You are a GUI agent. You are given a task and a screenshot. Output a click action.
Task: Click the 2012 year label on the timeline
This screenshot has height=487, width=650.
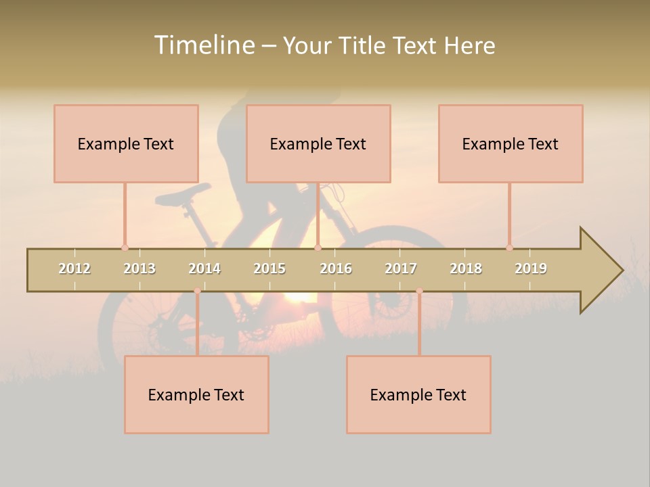click(74, 269)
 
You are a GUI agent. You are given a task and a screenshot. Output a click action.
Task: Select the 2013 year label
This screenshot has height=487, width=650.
click(139, 269)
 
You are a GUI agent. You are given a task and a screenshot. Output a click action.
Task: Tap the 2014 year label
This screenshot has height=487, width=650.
click(204, 269)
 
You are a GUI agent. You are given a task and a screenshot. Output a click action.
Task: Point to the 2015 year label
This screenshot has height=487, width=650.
click(269, 269)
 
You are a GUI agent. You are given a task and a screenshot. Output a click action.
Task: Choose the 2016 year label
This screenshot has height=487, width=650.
click(336, 269)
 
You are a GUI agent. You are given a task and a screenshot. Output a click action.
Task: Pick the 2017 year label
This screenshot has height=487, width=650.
click(401, 269)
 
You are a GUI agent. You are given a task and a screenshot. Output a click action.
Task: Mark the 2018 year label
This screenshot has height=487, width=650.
click(466, 269)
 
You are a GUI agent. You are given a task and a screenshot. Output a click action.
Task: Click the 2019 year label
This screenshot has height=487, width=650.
click(531, 269)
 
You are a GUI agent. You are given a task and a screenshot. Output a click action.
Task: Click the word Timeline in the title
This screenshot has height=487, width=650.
click(203, 45)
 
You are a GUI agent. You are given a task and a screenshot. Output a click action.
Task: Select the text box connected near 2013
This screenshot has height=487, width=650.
click(126, 143)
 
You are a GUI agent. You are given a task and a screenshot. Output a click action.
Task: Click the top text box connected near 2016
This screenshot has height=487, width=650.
click(318, 143)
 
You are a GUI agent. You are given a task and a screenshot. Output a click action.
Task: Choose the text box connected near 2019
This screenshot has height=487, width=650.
click(511, 143)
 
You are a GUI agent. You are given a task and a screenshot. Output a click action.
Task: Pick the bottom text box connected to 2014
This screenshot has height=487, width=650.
click(196, 394)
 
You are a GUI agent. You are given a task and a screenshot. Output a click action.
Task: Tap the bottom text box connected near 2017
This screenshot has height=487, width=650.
click(418, 394)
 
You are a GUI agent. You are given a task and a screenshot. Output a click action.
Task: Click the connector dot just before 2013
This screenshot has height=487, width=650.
click(125, 248)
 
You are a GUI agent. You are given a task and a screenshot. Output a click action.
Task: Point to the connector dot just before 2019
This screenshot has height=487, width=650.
click(509, 248)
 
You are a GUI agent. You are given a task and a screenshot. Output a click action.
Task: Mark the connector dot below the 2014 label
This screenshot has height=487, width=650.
click(197, 291)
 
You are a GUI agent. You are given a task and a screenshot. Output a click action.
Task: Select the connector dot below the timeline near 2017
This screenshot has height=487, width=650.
click(419, 291)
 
